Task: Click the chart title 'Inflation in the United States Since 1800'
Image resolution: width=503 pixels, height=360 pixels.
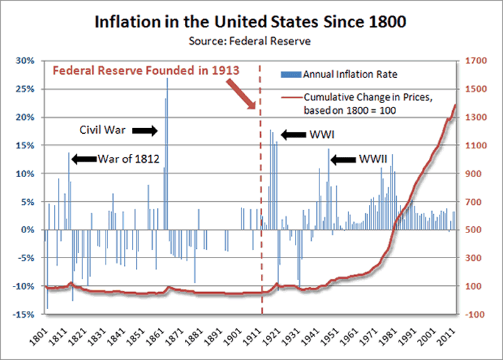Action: point(251,23)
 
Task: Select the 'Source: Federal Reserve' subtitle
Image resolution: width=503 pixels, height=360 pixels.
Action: point(251,41)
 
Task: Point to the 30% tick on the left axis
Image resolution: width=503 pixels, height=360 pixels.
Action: point(26,61)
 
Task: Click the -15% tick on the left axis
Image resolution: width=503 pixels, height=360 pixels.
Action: point(25,314)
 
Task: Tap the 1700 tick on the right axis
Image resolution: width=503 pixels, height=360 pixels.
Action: point(474,61)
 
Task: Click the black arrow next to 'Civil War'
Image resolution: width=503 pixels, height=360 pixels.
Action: point(144,130)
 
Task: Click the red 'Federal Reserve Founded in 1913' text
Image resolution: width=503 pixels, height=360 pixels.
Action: point(145,70)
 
